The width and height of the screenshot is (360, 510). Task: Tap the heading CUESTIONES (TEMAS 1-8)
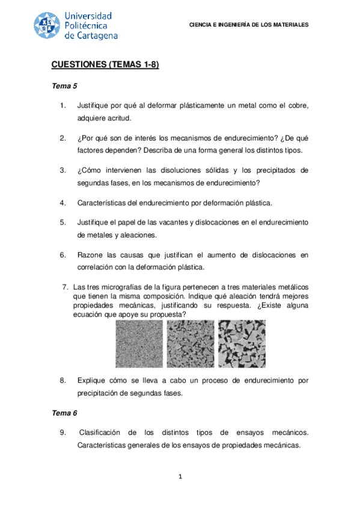tap(105, 65)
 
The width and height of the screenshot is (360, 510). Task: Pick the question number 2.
tap(63, 138)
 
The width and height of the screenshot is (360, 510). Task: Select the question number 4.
tap(63, 203)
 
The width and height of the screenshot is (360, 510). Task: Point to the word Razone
tap(90, 255)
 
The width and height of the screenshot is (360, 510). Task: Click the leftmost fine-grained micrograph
tap(139, 344)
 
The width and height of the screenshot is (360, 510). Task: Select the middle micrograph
tap(189, 344)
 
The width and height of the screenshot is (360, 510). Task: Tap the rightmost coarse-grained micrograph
tap(241, 344)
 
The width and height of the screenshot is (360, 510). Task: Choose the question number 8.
tap(63, 380)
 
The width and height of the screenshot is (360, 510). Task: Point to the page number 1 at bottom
tap(180, 477)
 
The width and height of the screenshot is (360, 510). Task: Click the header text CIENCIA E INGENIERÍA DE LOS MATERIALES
tap(249, 25)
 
